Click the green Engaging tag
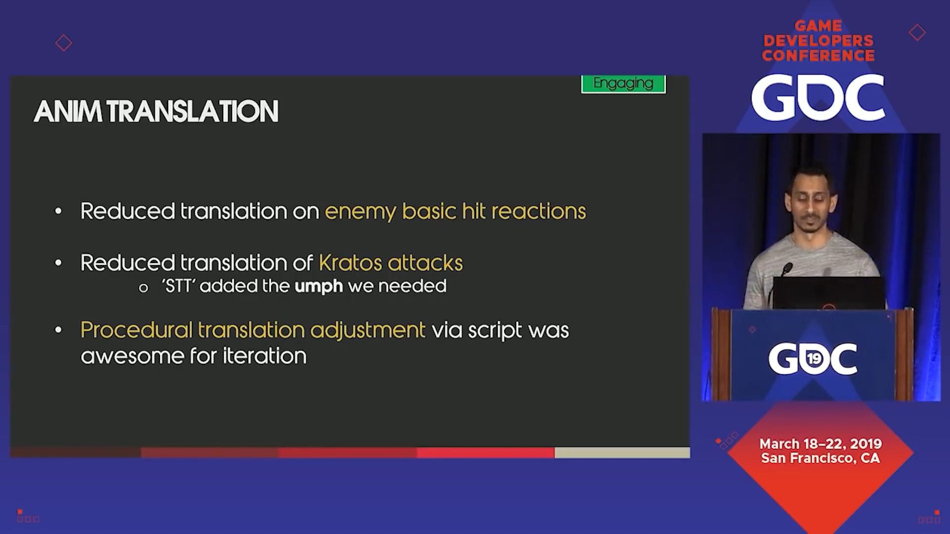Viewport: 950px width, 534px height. (x=623, y=84)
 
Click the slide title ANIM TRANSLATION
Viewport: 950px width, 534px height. (x=156, y=111)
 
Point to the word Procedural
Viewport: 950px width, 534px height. (x=136, y=330)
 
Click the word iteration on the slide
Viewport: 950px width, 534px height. (x=265, y=356)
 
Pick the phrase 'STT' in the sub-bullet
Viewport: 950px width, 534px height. (x=179, y=286)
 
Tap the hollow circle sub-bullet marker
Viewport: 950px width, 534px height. (x=143, y=288)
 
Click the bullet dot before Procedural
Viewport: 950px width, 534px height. (x=58, y=330)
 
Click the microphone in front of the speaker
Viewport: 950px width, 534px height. (x=787, y=269)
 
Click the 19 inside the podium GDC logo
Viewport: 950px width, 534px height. (x=813, y=358)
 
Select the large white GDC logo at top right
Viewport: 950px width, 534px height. (x=818, y=97)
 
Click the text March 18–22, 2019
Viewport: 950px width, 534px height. (x=820, y=444)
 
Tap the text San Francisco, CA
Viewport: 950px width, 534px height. (x=820, y=458)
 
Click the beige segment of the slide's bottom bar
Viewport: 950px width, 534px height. (x=622, y=452)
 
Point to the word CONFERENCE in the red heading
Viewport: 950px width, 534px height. (x=818, y=55)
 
